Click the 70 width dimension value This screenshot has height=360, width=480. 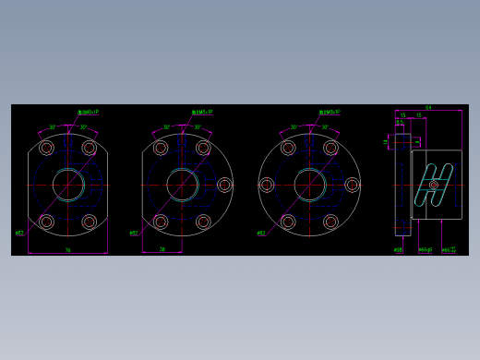tap(67, 250)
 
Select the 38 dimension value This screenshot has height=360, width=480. tap(162, 249)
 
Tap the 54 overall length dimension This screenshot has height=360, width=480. tap(428, 108)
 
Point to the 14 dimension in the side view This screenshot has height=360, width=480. tap(386, 141)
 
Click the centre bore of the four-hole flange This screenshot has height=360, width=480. tap(67, 185)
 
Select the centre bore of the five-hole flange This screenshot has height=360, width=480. tap(183, 185)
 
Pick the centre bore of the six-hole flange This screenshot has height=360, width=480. tap(309, 185)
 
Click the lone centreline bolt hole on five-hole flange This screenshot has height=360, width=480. tap(224, 185)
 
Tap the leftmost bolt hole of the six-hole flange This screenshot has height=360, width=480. tap(267, 185)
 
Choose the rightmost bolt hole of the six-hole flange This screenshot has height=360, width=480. tap(352, 185)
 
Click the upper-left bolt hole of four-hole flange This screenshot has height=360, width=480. tap(46, 148)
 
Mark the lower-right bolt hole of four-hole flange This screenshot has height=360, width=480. tap(89, 222)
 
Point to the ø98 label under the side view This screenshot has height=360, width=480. tap(399, 249)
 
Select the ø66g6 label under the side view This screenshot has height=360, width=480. tap(425, 249)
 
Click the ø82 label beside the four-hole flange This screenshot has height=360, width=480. tap(19, 234)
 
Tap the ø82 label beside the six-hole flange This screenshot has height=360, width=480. tap(261, 234)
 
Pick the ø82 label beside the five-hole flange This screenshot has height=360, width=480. tap(134, 234)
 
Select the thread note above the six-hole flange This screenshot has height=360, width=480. tap(330, 113)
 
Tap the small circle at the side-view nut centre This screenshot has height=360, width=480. tap(434, 185)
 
